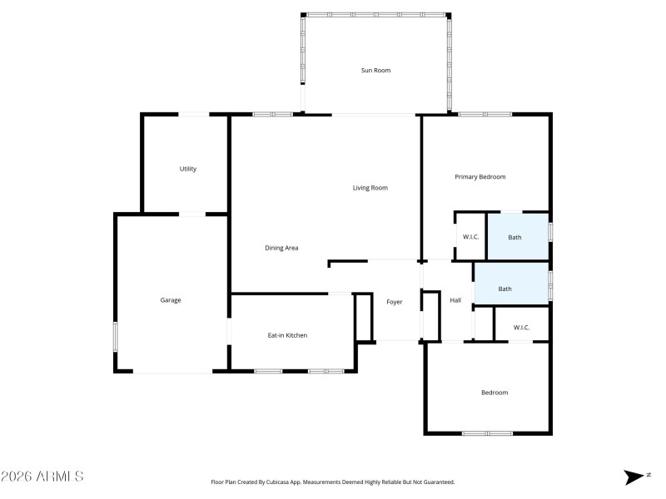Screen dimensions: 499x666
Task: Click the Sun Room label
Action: pyautogui.click(x=375, y=71)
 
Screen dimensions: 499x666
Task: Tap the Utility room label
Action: pyautogui.click(x=188, y=169)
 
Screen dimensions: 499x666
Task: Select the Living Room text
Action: pyautogui.click(x=370, y=188)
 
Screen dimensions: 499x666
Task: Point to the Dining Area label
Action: pyautogui.click(x=281, y=248)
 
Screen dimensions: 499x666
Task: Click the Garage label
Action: pyautogui.click(x=171, y=300)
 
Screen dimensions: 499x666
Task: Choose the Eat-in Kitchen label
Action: pyautogui.click(x=287, y=335)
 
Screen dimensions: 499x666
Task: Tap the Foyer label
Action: pyautogui.click(x=395, y=302)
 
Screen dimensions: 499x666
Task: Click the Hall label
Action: pyautogui.click(x=455, y=300)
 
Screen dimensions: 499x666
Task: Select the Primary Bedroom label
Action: pyautogui.click(x=480, y=177)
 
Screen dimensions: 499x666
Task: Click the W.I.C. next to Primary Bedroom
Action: pyautogui.click(x=470, y=237)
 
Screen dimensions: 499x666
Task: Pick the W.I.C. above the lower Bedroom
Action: pyautogui.click(x=521, y=328)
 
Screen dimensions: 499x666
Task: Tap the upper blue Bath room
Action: pyautogui.click(x=515, y=237)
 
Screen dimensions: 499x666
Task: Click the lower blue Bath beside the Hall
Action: pyautogui.click(x=505, y=289)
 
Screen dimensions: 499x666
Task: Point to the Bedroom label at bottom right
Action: pyautogui.click(x=495, y=393)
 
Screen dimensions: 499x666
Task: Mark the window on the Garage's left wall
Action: pyautogui.click(x=116, y=335)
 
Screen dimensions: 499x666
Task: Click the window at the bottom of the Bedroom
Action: pyautogui.click(x=487, y=432)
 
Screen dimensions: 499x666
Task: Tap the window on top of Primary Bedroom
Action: pyautogui.click(x=485, y=115)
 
